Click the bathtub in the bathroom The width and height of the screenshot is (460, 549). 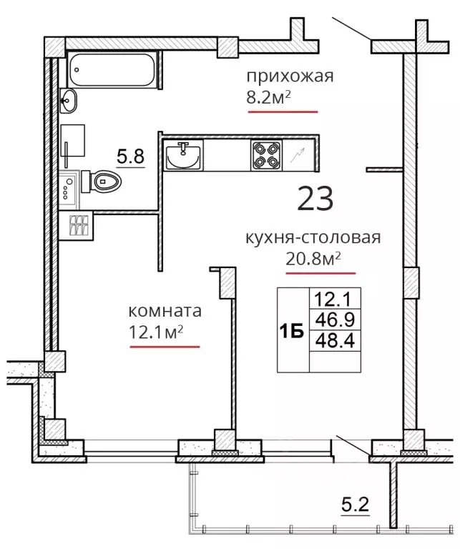[112, 69]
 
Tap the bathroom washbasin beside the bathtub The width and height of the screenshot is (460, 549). [68, 101]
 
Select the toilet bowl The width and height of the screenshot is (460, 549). [102, 182]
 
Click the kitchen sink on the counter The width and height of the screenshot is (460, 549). [183, 155]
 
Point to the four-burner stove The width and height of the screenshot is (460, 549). [266, 155]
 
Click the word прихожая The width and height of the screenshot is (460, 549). [290, 76]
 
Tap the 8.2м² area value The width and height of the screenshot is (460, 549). [269, 98]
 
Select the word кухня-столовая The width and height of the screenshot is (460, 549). [313, 238]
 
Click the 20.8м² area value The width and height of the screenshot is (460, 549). [313, 259]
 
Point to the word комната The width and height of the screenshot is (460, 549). [165, 311]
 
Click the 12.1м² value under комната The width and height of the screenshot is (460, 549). [156, 332]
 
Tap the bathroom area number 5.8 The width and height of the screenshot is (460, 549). [130, 156]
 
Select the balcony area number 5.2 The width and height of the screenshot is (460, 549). [356, 505]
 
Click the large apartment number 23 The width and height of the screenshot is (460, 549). [315, 199]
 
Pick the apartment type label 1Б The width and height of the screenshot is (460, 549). [291, 331]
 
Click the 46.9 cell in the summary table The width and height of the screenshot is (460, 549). [335, 320]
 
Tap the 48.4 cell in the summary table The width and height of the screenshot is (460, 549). [335, 340]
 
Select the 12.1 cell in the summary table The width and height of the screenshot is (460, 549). [335, 299]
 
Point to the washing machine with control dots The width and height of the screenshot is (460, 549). [69, 189]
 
